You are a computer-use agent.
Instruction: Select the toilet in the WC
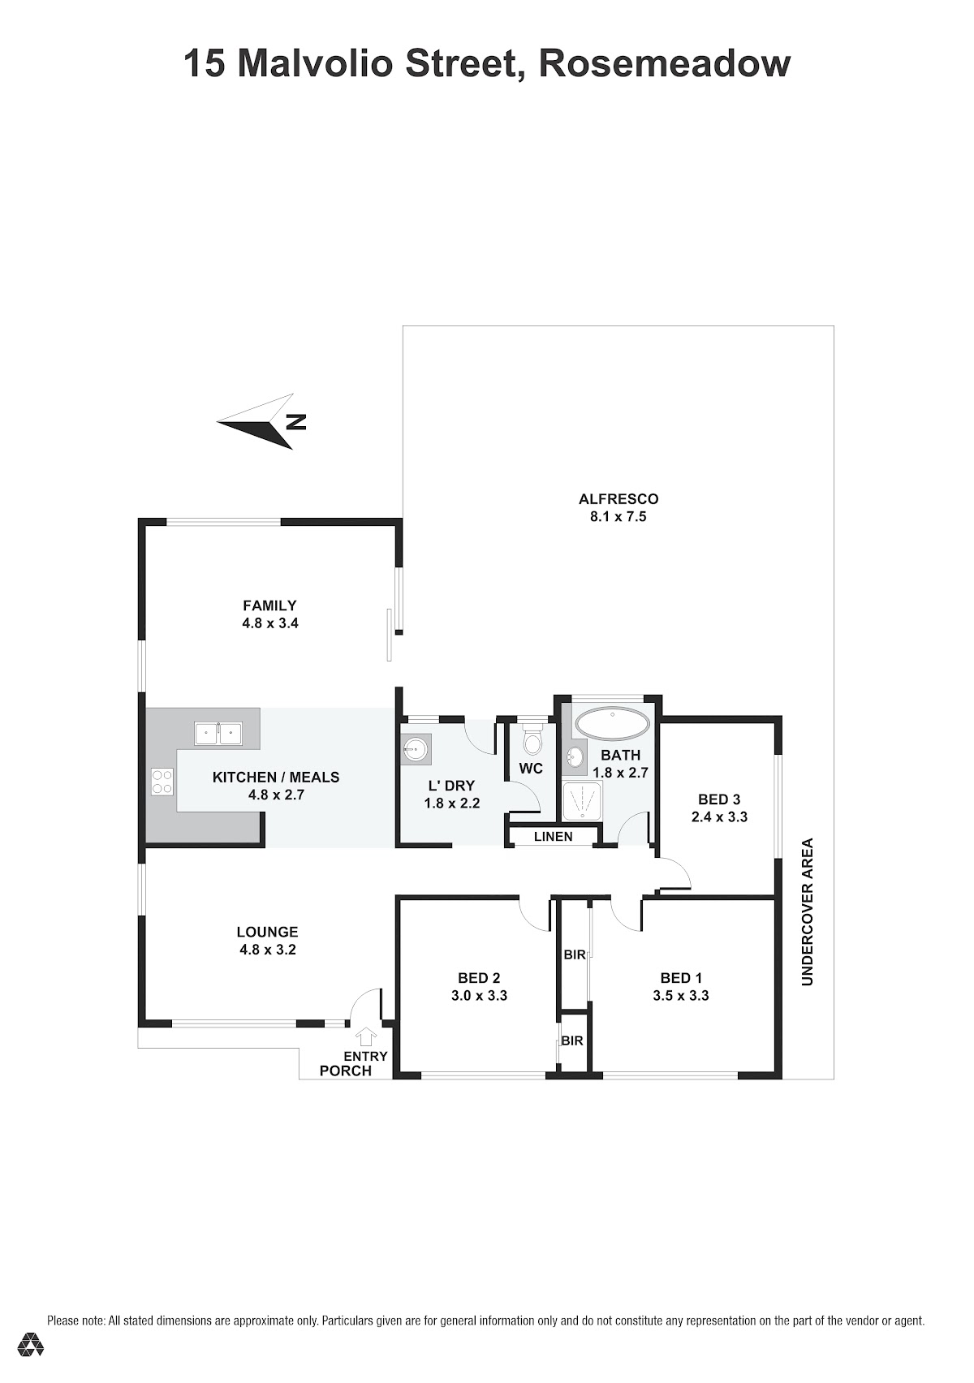[531, 740]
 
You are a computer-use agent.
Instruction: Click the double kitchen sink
[218, 734]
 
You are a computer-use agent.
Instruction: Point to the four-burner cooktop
[162, 782]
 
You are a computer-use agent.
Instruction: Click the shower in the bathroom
[582, 801]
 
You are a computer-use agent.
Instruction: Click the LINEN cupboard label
[554, 837]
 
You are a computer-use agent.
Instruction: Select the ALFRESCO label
[618, 499]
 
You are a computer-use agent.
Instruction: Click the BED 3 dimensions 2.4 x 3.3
[719, 816]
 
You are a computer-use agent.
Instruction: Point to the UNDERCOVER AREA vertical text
[808, 911]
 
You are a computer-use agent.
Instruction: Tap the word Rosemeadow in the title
[665, 63]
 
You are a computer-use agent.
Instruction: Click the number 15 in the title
[205, 63]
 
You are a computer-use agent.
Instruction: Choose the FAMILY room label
[270, 605]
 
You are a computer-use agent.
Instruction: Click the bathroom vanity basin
[575, 755]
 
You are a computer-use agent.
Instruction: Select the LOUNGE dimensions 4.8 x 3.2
[268, 950]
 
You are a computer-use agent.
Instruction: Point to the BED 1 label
[681, 978]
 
